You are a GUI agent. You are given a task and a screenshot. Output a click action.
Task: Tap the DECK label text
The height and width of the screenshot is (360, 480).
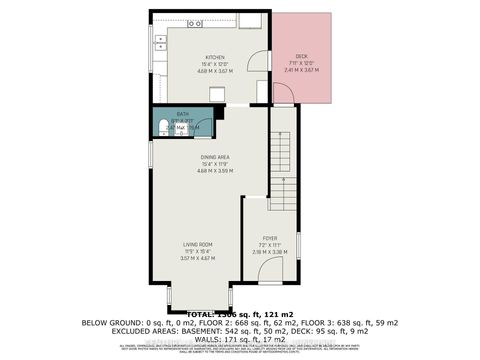click(300, 56)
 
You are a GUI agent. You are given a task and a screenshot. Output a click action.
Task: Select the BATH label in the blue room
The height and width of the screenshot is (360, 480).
click(183, 115)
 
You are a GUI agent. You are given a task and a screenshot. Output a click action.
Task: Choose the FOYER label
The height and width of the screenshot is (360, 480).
click(270, 237)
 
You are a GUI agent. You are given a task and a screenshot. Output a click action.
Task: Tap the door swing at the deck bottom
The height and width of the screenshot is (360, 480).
click(282, 95)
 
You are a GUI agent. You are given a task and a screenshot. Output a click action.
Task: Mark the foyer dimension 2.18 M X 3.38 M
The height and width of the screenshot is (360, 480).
click(270, 251)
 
